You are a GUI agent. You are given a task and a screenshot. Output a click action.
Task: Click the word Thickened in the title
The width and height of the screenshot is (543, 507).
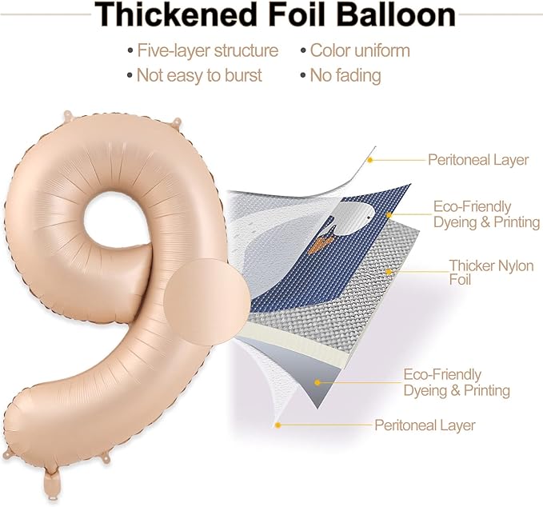pyautogui.click(x=175, y=14)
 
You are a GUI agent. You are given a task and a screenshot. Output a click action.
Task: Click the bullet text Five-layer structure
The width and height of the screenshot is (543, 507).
pyautogui.click(x=207, y=50)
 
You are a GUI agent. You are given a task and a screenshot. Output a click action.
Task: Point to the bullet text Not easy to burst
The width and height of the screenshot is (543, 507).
pyautogui.click(x=199, y=75)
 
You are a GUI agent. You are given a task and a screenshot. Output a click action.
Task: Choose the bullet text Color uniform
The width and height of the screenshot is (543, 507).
pyautogui.click(x=360, y=50)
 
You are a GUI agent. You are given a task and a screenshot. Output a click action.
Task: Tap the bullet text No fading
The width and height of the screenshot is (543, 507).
pyautogui.click(x=345, y=75)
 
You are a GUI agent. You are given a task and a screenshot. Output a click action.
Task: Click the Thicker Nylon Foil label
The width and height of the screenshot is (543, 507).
pyautogui.click(x=491, y=272)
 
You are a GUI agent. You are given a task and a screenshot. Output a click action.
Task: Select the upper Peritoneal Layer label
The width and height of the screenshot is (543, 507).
pyautogui.click(x=478, y=160)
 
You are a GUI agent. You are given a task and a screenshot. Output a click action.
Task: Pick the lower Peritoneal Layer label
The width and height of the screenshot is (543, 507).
pyautogui.click(x=425, y=425)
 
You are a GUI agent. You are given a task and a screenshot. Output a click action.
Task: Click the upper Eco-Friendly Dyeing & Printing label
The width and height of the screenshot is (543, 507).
pyautogui.click(x=486, y=214)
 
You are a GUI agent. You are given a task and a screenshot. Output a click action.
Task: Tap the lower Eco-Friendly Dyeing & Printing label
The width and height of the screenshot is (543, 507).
pyautogui.click(x=457, y=382)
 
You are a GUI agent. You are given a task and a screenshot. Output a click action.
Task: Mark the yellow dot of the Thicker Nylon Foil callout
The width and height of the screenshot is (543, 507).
pyautogui.click(x=389, y=272)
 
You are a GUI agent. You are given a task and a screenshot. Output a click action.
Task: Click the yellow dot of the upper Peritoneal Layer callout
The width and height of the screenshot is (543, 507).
pyautogui.click(x=369, y=160)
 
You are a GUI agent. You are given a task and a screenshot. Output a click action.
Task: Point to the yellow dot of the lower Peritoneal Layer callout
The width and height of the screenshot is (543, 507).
pyautogui.click(x=277, y=425)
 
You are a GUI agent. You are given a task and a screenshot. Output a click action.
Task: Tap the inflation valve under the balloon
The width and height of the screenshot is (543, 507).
pyautogui.click(x=52, y=482)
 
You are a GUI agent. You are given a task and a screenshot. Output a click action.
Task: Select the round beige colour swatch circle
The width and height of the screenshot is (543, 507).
pyautogui.click(x=207, y=301)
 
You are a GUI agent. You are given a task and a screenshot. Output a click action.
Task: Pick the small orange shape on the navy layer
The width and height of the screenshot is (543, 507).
pyautogui.click(x=324, y=243)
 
